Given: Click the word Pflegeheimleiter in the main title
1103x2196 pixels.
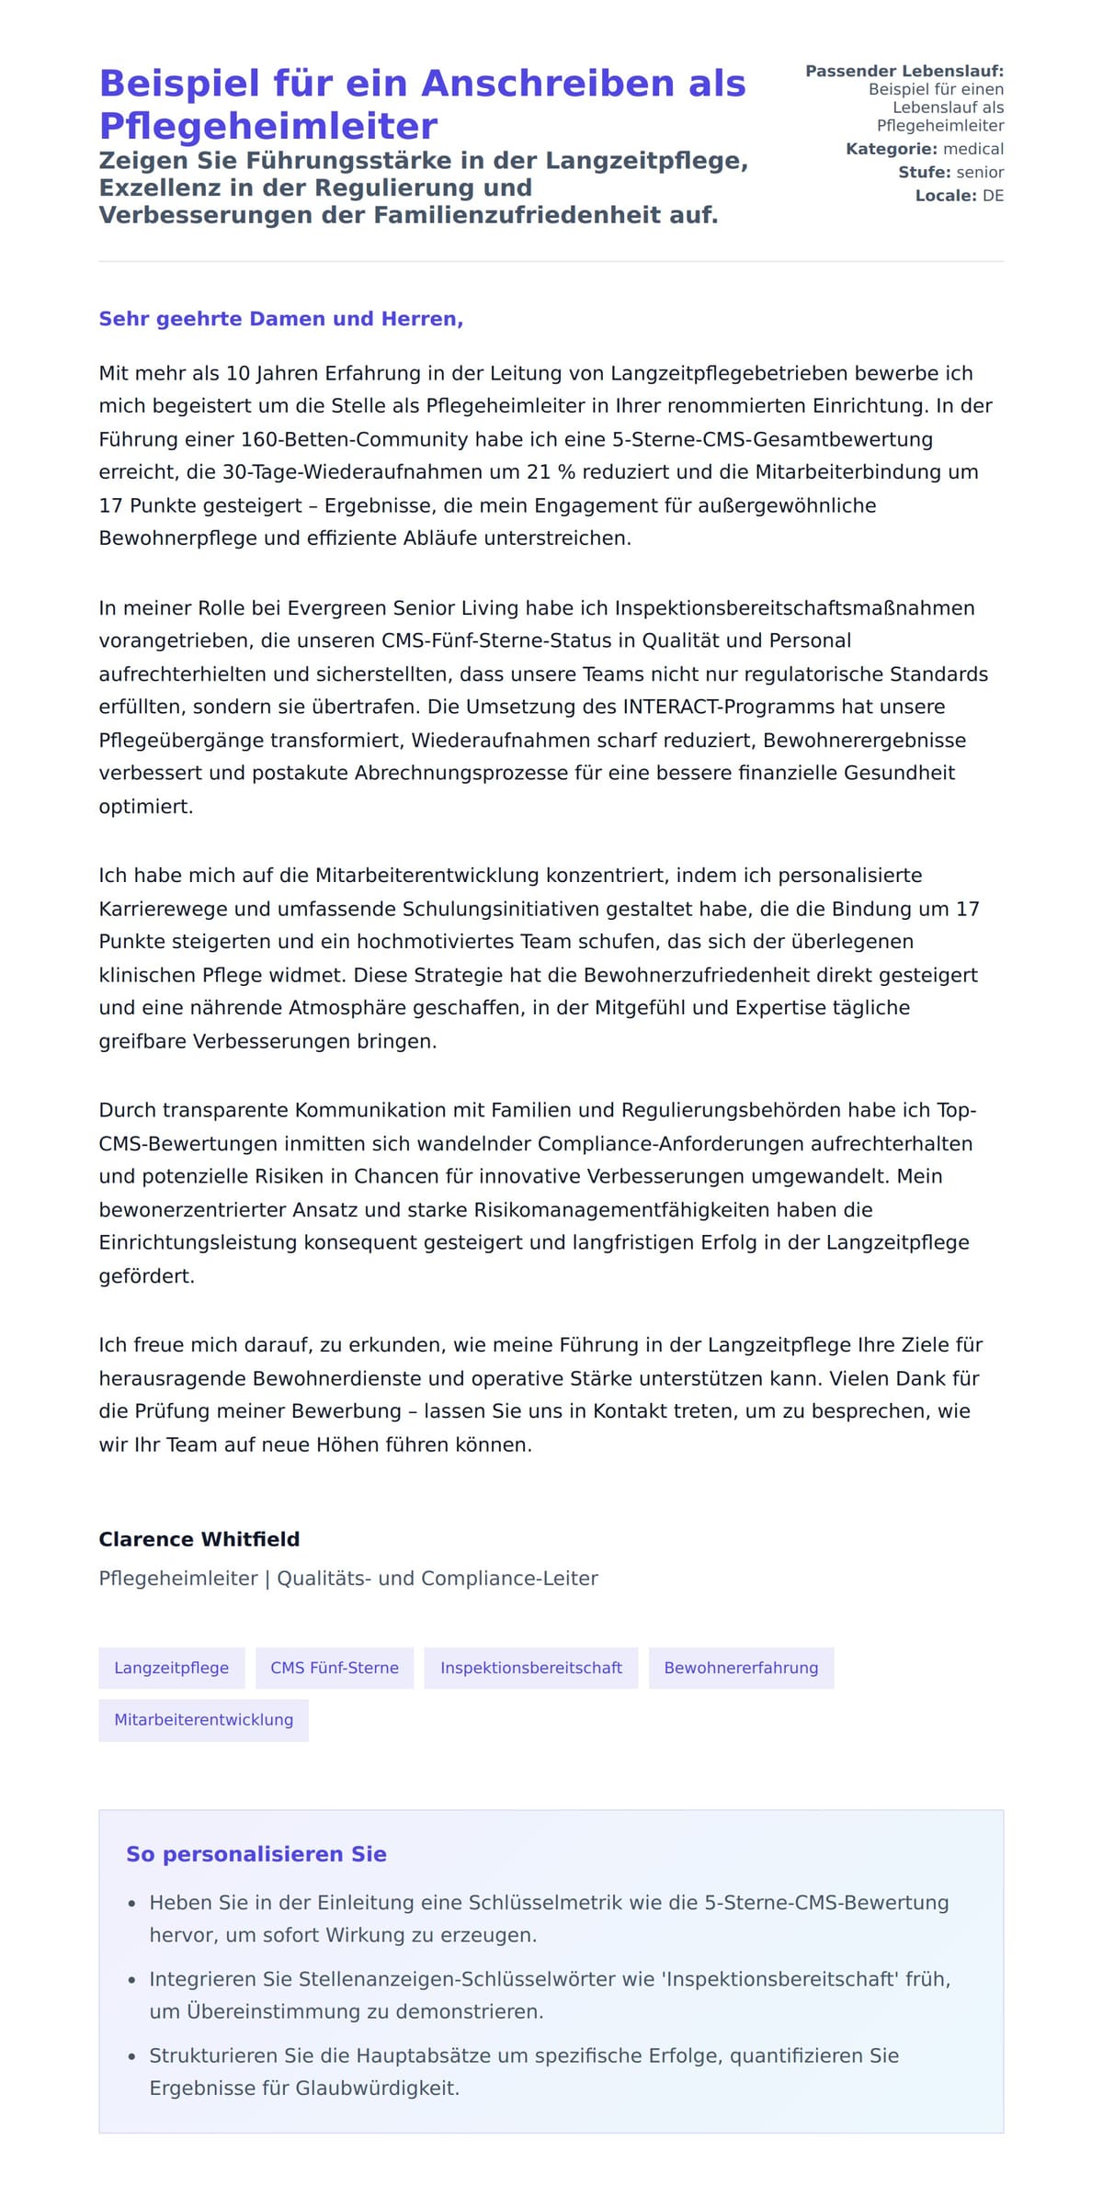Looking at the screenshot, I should click(267, 127).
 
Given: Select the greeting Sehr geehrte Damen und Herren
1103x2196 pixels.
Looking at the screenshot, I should click(280, 319).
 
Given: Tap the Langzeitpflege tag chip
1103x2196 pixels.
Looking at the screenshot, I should click(172, 1668).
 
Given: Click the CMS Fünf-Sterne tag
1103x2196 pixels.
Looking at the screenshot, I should click(335, 1668).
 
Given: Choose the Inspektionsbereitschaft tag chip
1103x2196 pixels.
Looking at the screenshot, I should click(531, 1668).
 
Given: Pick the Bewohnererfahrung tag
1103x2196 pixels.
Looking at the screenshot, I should click(741, 1668).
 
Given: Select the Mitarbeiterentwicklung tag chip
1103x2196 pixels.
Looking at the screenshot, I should click(204, 1719).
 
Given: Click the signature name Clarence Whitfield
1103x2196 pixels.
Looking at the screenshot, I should click(199, 1539).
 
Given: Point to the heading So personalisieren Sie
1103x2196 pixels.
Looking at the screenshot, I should click(256, 1854).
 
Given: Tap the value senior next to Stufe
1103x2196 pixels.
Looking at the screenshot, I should click(980, 173).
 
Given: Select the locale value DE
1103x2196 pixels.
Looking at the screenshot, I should click(993, 196).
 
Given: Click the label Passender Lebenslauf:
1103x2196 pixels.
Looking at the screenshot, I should click(904, 71).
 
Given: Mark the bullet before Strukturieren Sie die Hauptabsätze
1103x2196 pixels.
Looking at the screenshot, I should click(132, 2056).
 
